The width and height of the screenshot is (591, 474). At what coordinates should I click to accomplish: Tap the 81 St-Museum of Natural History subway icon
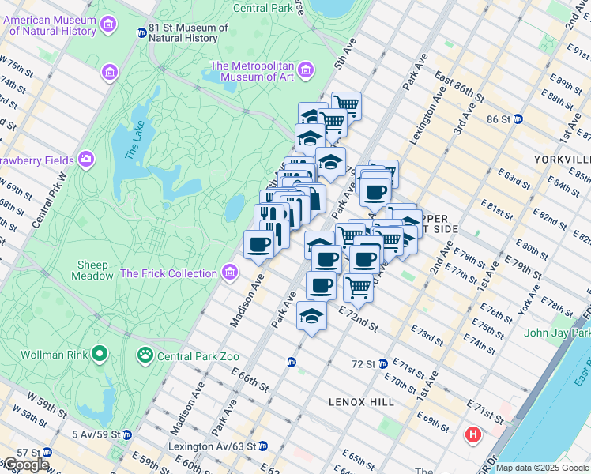(141, 33)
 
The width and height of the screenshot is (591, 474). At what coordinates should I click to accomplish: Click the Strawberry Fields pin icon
(85, 160)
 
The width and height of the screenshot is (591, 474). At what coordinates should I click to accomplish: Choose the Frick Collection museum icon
(230, 273)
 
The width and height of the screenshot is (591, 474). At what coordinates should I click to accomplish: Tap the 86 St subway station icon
(518, 119)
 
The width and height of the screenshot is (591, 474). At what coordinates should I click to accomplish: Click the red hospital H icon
(472, 434)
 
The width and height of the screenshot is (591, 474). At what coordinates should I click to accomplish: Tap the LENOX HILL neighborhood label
(361, 402)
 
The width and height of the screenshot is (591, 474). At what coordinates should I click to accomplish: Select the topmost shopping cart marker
(345, 103)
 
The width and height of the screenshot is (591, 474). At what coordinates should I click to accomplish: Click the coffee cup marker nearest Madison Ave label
(258, 245)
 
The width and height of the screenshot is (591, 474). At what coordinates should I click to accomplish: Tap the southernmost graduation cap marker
(311, 316)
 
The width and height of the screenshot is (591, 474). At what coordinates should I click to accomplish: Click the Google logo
(25, 465)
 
